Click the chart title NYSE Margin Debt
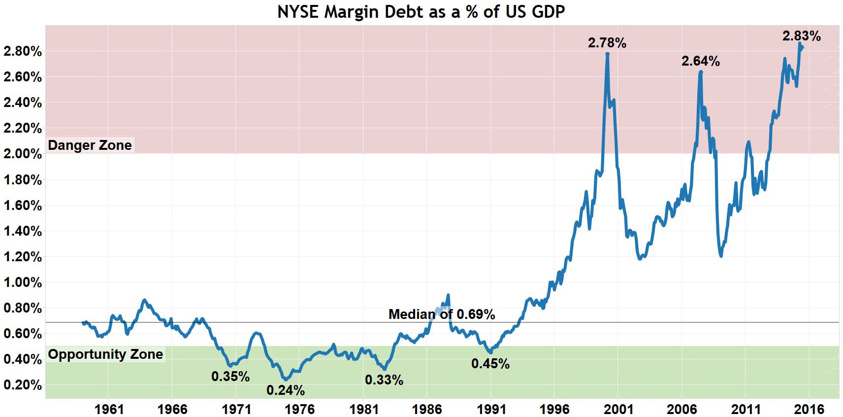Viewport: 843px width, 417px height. (x=421, y=12)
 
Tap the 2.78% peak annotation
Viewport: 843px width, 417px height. (x=607, y=43)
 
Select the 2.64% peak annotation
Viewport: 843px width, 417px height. (x=700, y=62)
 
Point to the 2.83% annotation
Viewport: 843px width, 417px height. (x=801, y=36)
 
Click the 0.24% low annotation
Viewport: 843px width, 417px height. (x=285, y=390)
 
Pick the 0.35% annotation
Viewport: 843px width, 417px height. (x=230, y=377)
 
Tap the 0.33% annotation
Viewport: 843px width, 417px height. (x=384, y=380)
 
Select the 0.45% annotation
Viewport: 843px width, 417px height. (x=490, y=364)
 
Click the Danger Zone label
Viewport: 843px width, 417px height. (x=90, y=145)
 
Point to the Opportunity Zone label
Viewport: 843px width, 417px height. (x=105, y=354)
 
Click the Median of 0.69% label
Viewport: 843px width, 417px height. (x=441, y=314)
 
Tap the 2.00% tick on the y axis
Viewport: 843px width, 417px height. (x=23, y=154)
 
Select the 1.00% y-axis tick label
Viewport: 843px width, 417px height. (x=23, y=282)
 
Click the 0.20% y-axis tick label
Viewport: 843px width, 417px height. (x=23, y=385)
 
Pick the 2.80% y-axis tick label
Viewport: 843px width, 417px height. (x=23, y=51)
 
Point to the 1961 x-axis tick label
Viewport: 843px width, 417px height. (x=109, y=409)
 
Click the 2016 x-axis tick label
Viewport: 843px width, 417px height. (x=809, y=409)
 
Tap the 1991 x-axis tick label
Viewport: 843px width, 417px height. (x=491, y=409)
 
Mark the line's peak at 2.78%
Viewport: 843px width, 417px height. (x=608, y=54)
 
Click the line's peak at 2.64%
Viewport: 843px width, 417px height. (x=701, y=72)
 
